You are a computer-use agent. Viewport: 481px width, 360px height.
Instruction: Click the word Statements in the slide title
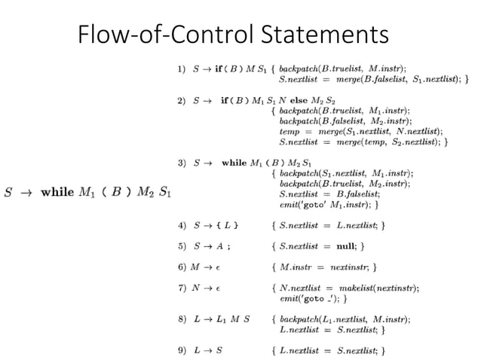coord(325,35)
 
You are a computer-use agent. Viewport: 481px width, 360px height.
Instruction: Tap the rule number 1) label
coord(181,69)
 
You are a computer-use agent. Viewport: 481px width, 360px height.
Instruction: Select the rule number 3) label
coord(181,162)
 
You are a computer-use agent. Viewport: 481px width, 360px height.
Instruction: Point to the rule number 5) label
coord(181,246)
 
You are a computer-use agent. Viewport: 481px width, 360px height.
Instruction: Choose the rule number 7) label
coord(181,288)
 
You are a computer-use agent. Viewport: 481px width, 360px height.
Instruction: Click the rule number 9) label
coord(181,349)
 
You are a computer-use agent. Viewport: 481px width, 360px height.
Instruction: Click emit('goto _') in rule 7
coord(310,298)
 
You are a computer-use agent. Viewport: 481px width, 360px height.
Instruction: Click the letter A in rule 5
coord(219,246)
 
